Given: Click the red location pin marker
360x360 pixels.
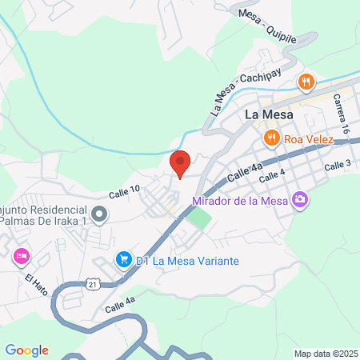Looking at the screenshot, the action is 180,162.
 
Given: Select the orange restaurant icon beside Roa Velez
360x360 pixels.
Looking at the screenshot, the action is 272,138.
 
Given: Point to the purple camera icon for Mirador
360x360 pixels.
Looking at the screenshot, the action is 300,198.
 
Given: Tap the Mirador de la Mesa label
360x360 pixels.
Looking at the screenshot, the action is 242,200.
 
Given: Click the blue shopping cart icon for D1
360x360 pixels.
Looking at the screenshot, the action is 123,258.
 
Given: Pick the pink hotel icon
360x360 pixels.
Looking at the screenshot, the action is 21,258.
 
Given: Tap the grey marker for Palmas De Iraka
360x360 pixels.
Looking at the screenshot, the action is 99,214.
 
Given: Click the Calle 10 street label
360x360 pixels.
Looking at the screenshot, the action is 125,192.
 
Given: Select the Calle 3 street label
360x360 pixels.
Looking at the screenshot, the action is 338,165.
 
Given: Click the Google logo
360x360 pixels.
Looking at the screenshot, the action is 27,350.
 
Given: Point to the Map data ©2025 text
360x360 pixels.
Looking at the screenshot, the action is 325,353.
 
